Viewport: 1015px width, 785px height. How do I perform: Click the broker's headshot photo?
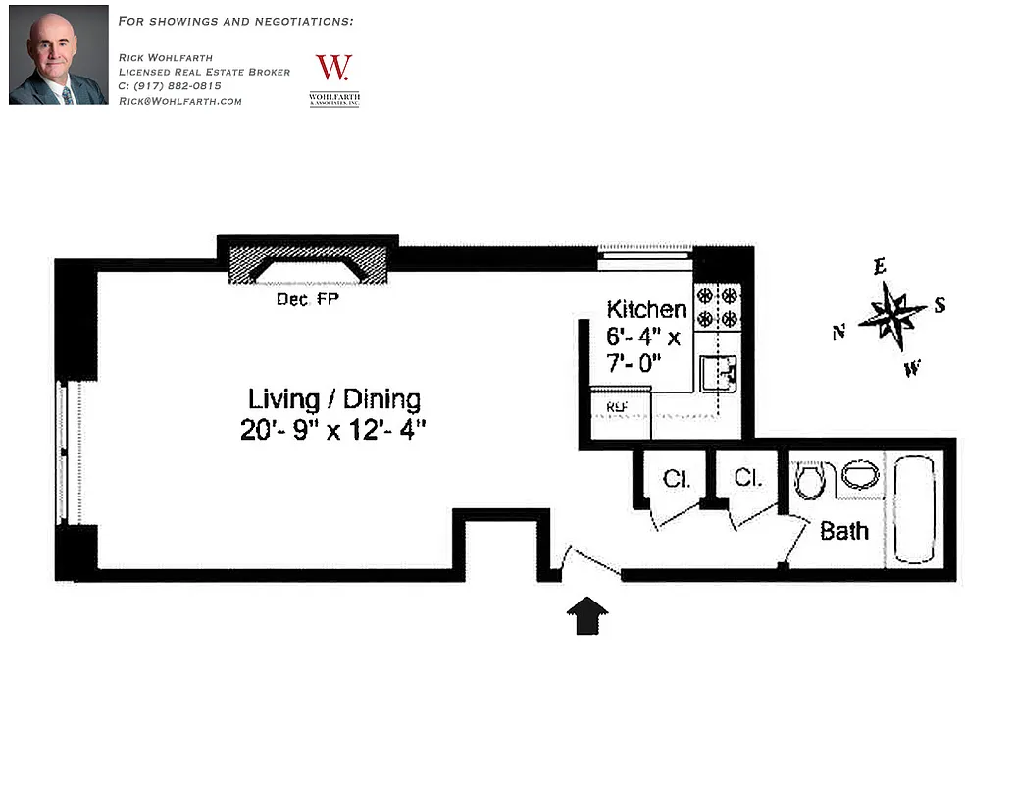(x=58, y=55)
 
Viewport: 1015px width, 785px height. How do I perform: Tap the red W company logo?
(x=333, y=69)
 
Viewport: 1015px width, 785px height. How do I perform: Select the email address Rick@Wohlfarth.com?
(x=179, y=101)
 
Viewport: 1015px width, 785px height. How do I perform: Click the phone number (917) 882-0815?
(x=171, y=86)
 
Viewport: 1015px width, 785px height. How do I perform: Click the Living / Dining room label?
(x=333, y=399)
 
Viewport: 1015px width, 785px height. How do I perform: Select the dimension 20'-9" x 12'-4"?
(x=333, y=430)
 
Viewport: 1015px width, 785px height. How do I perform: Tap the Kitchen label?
(x=646, y=309)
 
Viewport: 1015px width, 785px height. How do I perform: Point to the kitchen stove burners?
(x=717, y=306)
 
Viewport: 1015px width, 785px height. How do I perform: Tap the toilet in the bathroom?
(x=810, y=480)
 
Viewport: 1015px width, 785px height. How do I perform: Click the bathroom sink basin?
(x=860, y=476)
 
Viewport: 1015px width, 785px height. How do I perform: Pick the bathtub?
(x=914, y=509)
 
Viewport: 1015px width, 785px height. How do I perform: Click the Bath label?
(x=843, y=531)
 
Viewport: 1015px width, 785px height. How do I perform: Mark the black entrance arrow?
(x=587, y=616)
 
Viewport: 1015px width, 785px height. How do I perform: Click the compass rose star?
(x=891, y=315)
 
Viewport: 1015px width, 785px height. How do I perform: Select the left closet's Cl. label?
(x=677, y=479)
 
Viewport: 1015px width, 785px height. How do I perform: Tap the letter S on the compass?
(x=939, y=305)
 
